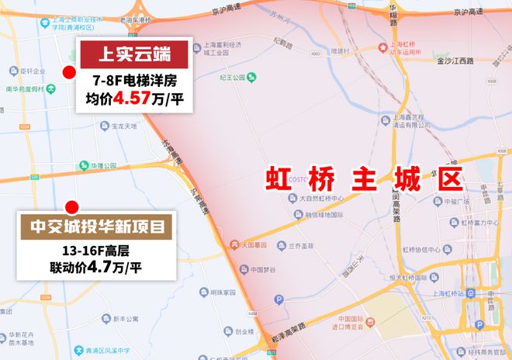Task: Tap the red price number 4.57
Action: point(133,99)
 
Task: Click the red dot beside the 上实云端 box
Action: point(69,73)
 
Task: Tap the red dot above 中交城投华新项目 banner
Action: point(72,207)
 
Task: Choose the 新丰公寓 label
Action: point(125,318)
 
